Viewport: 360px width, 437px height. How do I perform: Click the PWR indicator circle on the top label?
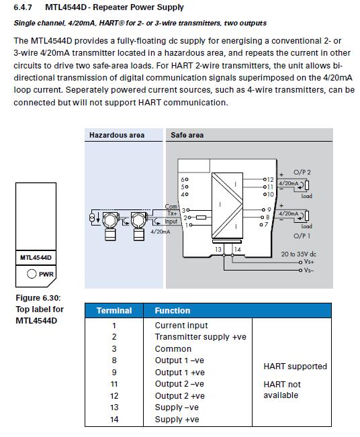click(x=32, y=274)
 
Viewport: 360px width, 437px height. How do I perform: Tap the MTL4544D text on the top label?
click(x=36, y=258)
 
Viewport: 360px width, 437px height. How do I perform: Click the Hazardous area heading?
click(x=117, y=135)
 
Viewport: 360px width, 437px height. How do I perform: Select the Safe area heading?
click(x=187, y=135)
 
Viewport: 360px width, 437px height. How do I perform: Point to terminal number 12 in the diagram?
click(x=270, y=179)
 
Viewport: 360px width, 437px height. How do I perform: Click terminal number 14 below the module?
click(x=237, y=250)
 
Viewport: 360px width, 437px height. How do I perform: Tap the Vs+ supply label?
click(x=309, y=262)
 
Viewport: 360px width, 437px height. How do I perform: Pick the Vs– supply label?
click(x=309, y=270)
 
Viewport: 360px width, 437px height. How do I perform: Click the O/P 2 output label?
click(x=302, y=173)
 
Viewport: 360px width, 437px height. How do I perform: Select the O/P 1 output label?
click(x=302, y=236)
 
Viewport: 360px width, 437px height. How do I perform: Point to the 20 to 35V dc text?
click(x=298, y=254)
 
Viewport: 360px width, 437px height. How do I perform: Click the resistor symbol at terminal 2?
click(x=201, y=217)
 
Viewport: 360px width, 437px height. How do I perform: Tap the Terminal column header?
click(x=114, y=311)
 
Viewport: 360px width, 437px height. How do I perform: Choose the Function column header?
click(x=173, y=311)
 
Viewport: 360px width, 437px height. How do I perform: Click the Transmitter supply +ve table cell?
click(x=201, y=337)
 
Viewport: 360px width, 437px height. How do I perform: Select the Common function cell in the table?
click(x=173, y=349)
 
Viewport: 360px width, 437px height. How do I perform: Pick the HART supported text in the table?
click(x=295, y=367)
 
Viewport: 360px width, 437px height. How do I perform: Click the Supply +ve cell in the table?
click(x=177, y=419)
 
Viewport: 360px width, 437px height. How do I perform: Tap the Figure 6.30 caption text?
click(x=38, y=298)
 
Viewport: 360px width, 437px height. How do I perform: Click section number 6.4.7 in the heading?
click(x=23, y=7)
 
